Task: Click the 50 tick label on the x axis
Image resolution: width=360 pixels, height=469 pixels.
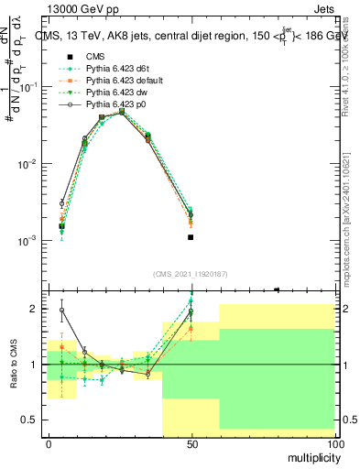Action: click(191, 443)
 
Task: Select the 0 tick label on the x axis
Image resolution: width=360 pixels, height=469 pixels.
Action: click(49, 443)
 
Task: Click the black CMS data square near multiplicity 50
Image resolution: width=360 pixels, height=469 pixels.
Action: click(191, 237)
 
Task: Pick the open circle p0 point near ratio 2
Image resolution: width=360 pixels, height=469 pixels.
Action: click(61, 310)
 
